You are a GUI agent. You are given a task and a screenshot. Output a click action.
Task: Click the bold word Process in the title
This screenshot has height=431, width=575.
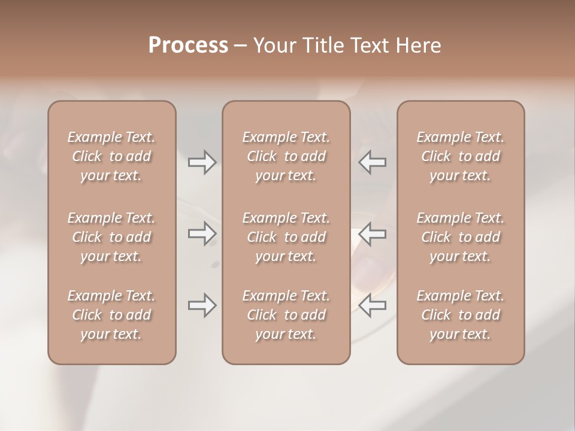[x=188, y=45]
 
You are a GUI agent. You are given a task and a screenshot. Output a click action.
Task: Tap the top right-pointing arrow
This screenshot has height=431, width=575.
[x=202, y=162]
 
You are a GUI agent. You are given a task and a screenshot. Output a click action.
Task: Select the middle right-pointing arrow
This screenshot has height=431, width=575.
[x=202, y=233]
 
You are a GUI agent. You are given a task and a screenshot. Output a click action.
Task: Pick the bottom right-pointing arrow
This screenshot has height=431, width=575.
[x=202, y=305]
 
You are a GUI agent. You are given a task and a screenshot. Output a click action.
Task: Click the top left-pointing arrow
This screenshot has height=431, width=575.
[x=373, y=162]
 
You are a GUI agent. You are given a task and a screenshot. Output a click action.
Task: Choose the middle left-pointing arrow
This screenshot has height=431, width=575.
[x=373, y=233]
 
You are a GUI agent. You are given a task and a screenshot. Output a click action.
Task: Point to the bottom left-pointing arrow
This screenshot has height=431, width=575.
[x=373, y=305]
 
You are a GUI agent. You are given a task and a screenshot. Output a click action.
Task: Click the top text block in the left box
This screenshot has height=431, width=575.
[x=111, y=156]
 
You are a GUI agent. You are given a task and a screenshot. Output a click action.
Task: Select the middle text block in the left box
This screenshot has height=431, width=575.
[x=111, y=237]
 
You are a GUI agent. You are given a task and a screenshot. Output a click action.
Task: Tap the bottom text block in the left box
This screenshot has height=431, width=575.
[x=111, y=315]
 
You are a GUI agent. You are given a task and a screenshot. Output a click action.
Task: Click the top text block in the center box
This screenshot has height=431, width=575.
[x=286, y=156]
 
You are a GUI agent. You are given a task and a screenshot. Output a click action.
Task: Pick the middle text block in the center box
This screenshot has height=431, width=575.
[x=286, y=237]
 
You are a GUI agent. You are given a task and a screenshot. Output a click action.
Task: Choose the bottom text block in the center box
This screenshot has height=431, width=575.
[x=286, y=315]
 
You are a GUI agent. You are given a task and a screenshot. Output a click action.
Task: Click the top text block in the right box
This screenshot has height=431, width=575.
[x=461, y=156]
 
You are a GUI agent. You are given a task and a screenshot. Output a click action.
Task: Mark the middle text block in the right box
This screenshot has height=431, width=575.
[x=461, y=237]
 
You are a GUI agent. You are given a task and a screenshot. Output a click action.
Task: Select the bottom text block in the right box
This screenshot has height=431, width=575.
[x=461, y=315]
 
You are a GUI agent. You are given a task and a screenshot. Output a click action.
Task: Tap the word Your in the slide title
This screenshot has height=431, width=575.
[x=273, y=45]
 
